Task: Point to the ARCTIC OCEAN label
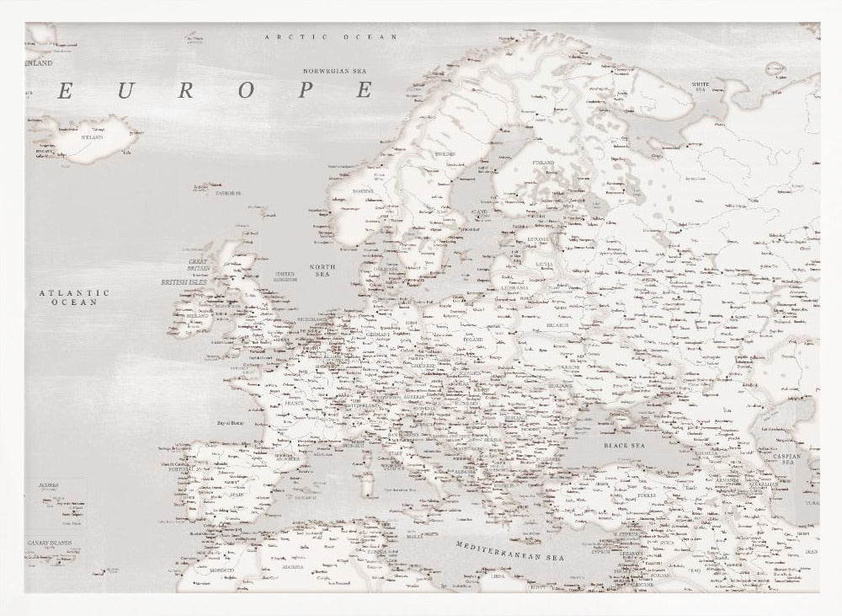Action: click(318, 38)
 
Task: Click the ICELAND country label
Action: click(90, 137)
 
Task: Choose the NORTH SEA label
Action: click(322, 271)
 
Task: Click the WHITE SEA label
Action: click(699, 88)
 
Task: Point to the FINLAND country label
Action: click(544, 162)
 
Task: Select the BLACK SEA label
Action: click(624, 444)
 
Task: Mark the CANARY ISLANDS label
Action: click(49, 544)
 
